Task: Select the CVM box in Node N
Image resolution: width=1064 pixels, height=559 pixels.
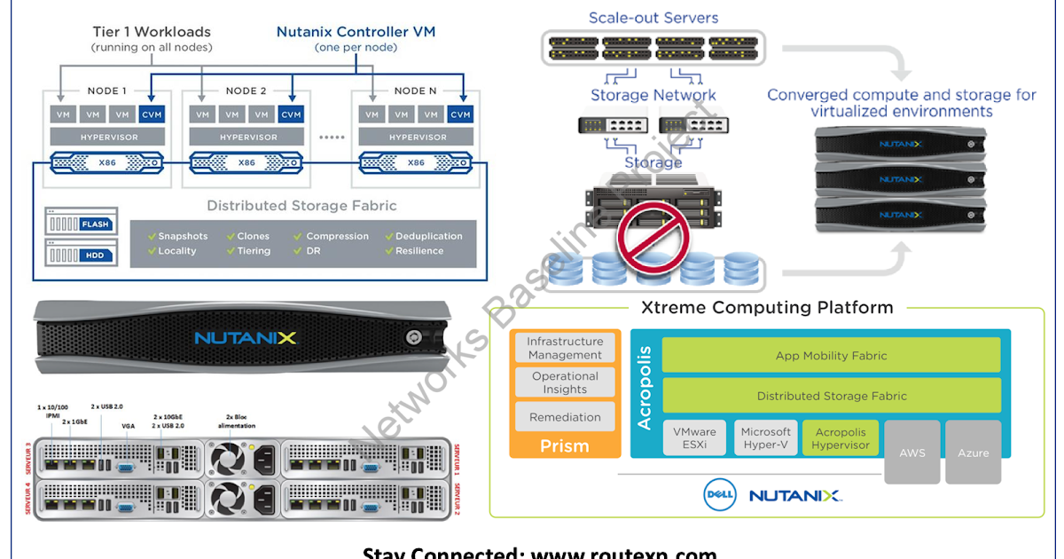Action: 459,114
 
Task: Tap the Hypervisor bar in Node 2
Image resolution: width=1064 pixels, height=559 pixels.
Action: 248,138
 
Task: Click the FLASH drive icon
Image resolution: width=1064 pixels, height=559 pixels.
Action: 82,224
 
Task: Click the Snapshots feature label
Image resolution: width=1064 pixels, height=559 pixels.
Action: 182,236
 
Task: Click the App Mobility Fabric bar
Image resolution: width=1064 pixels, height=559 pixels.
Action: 831,355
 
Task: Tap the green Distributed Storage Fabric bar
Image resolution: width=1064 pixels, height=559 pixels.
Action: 831,397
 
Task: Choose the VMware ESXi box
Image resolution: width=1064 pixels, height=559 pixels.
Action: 693,438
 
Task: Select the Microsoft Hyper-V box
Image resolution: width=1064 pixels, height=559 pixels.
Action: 765,438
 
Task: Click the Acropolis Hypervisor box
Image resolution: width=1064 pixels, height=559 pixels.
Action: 840,438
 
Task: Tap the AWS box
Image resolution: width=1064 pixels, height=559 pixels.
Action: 911,453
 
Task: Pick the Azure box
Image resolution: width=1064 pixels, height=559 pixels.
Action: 973,453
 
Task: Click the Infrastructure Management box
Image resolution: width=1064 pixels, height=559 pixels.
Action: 565,348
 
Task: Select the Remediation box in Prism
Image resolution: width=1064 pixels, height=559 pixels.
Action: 565,417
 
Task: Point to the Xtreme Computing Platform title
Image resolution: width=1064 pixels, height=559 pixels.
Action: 767,308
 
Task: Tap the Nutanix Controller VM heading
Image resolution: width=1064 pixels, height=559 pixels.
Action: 356,32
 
